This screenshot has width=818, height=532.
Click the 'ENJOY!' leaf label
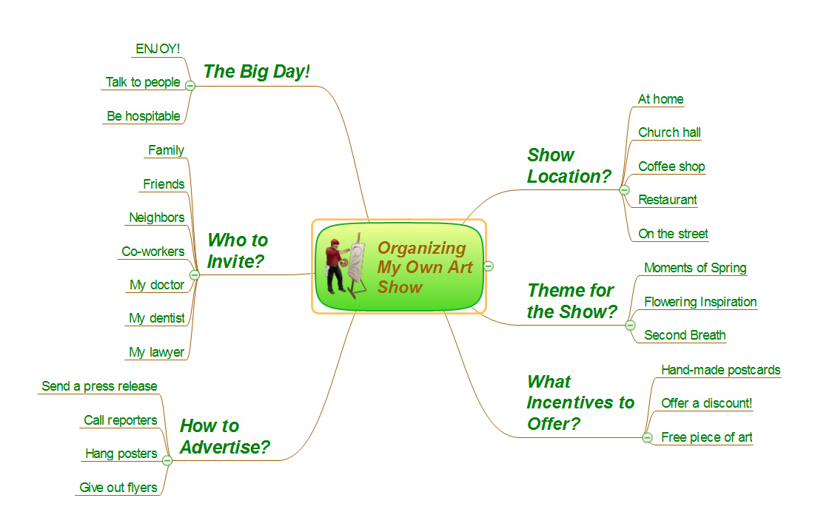coord(158,49)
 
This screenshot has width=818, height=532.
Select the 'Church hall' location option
coord(669,132)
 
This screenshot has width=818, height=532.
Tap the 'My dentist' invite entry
coord(156,318)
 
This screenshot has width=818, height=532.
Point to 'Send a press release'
coord(99,386)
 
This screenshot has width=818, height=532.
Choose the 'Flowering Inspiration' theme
coord(700,302)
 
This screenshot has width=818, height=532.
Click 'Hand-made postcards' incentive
coord(720,370)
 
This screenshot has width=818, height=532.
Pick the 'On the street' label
coord(673,234)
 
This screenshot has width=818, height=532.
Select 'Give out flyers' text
coord(118,487)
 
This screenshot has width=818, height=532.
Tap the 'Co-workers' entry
coord(152,252)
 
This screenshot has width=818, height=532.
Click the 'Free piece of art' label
coord(706,437)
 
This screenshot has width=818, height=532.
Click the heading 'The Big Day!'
coord(257,72)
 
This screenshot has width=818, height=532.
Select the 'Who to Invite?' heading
coord(238,251)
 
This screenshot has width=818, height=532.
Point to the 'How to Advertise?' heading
coord(225,437)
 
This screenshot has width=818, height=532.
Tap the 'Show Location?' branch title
coord(569,166)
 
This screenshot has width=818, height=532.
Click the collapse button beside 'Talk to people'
coord(190,86)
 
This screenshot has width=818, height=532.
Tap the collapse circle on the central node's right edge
coord(489,266)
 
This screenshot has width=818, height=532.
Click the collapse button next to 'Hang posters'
coord(167,460)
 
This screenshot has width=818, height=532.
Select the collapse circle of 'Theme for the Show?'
coord(630,326)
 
